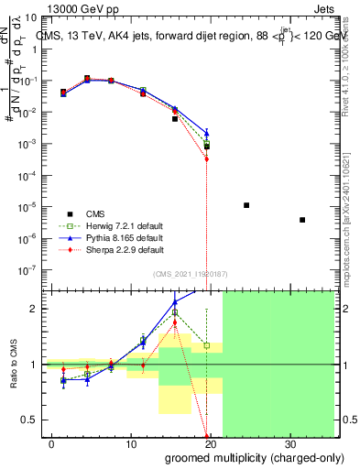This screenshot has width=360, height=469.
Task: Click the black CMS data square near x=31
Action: coord(302,220)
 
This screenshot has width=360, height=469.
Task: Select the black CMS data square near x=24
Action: coord(246,205)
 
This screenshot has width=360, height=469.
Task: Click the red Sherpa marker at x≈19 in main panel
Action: coord(207,158)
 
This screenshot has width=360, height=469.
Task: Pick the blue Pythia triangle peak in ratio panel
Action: coord(175,301)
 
